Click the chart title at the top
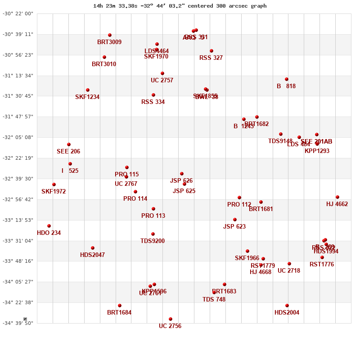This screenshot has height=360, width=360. click(180, 6)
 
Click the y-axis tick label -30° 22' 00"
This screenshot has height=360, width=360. click(18, 13)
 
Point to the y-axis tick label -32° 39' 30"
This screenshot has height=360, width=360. click(18, 179)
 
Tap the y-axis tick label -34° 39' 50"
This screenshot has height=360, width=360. click(18, 323)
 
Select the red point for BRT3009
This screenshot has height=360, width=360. click(110, 35)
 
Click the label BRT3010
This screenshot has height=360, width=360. click(104, 64)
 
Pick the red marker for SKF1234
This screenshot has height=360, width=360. click(88, 90)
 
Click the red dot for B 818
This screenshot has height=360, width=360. click(287, 79)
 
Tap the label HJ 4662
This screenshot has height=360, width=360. click(337, 204)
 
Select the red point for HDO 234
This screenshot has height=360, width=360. click(49, 226)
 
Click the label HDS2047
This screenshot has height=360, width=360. click(93, 255)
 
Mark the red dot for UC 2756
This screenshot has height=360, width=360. click(171, 319)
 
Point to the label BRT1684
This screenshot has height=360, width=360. click(119, 313)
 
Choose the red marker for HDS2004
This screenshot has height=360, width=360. click(287, 306)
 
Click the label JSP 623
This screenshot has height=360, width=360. click(234, 227)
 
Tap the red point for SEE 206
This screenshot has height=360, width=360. click(69, 144)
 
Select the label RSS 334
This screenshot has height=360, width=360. click(153, 102)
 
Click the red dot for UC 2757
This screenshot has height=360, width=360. click(162, 73)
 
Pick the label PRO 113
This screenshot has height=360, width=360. click(153, 216)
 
